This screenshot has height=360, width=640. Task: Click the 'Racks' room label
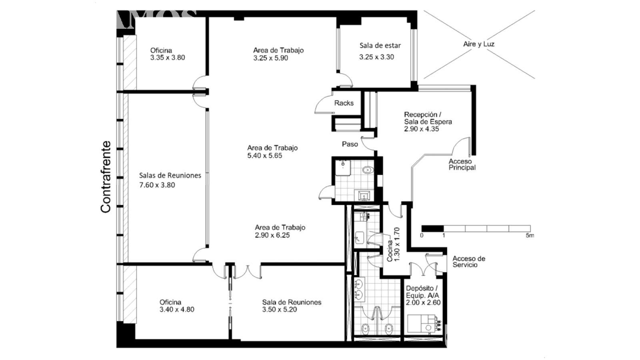344,103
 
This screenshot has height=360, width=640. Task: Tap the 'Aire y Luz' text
478,44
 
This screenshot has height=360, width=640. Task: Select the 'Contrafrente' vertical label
106,177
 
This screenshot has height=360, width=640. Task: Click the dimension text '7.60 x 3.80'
157,185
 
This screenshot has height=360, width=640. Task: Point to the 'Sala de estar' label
380,46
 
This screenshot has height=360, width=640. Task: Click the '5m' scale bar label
530,236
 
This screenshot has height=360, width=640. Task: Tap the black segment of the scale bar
432,228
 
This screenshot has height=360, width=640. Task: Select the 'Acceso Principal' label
462,164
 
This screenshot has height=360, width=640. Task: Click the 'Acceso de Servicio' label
469,262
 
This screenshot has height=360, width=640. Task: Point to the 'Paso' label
350,144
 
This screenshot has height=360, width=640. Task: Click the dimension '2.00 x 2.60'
423,302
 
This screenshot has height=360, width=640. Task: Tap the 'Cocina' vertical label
390,251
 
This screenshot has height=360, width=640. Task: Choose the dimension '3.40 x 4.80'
177,310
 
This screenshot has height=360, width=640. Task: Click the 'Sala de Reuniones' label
292,302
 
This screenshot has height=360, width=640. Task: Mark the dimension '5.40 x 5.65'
264,156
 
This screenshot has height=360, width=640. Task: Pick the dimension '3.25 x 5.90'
270,58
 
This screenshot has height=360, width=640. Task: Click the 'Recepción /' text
422,114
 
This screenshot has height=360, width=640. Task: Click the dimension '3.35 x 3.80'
168,58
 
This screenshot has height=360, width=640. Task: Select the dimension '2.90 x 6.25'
272,235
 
